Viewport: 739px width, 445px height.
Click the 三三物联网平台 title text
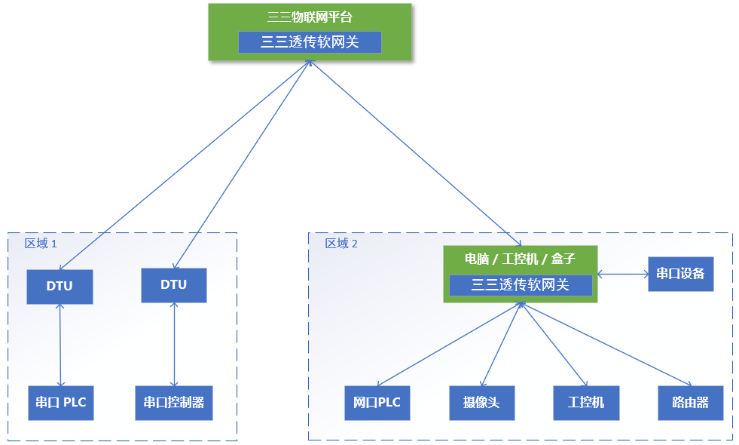[x=310, y=17]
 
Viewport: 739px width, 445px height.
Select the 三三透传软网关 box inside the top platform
[x=310, y=42]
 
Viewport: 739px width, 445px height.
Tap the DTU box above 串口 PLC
[x=60, y=287]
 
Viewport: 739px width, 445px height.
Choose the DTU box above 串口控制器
[x=174, y=285]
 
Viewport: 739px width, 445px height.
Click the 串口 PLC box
[x=61, y=403]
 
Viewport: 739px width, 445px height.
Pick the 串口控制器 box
[x=174, y=403]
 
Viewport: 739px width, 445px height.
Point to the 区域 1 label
[x=41, y=244]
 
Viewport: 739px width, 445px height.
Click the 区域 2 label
[x=341, y=244]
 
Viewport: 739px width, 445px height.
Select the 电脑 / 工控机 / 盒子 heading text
[x=520, y=259]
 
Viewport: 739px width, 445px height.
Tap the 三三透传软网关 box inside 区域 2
[x=521, y=285]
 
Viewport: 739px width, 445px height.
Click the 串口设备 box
[x=680, y=274]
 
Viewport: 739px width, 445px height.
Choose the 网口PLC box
[x=377, y=403]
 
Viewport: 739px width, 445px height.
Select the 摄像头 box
[x=481, y=403]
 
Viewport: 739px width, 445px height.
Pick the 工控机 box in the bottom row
[x=586, y=403]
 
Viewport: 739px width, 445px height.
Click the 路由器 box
[x=691, y=403]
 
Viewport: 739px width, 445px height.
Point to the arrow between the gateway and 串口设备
[x=623, y=274]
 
